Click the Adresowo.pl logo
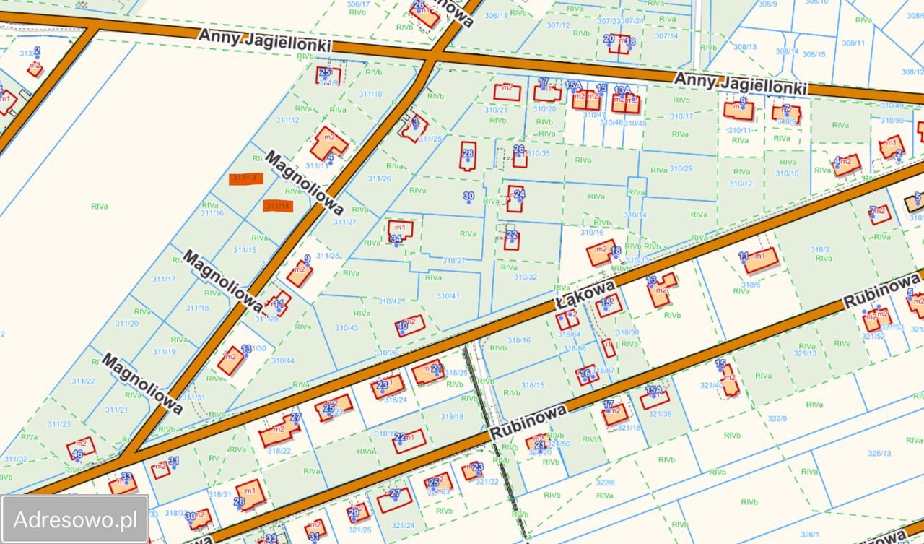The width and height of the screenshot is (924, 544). (75, 519)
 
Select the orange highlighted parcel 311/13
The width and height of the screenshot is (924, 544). (246, 178)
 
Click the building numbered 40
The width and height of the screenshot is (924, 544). (410, 327)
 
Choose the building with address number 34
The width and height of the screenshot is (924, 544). (400, 231)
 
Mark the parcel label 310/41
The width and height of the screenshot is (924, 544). (448, 296)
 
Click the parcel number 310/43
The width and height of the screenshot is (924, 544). (346, 328)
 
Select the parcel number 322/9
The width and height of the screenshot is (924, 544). (777, 418)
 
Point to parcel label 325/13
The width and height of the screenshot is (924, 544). (879, 454)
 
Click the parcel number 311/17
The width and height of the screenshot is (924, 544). (164, 279)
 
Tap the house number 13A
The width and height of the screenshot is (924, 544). (622, 90)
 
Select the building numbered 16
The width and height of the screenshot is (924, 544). (587, 374)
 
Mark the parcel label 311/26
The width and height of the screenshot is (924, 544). (379, 178)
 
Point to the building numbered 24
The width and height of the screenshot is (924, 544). (515, 198)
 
